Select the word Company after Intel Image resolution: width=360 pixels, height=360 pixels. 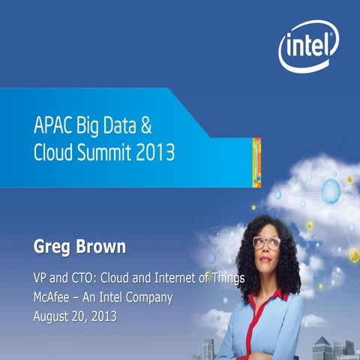148,297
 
